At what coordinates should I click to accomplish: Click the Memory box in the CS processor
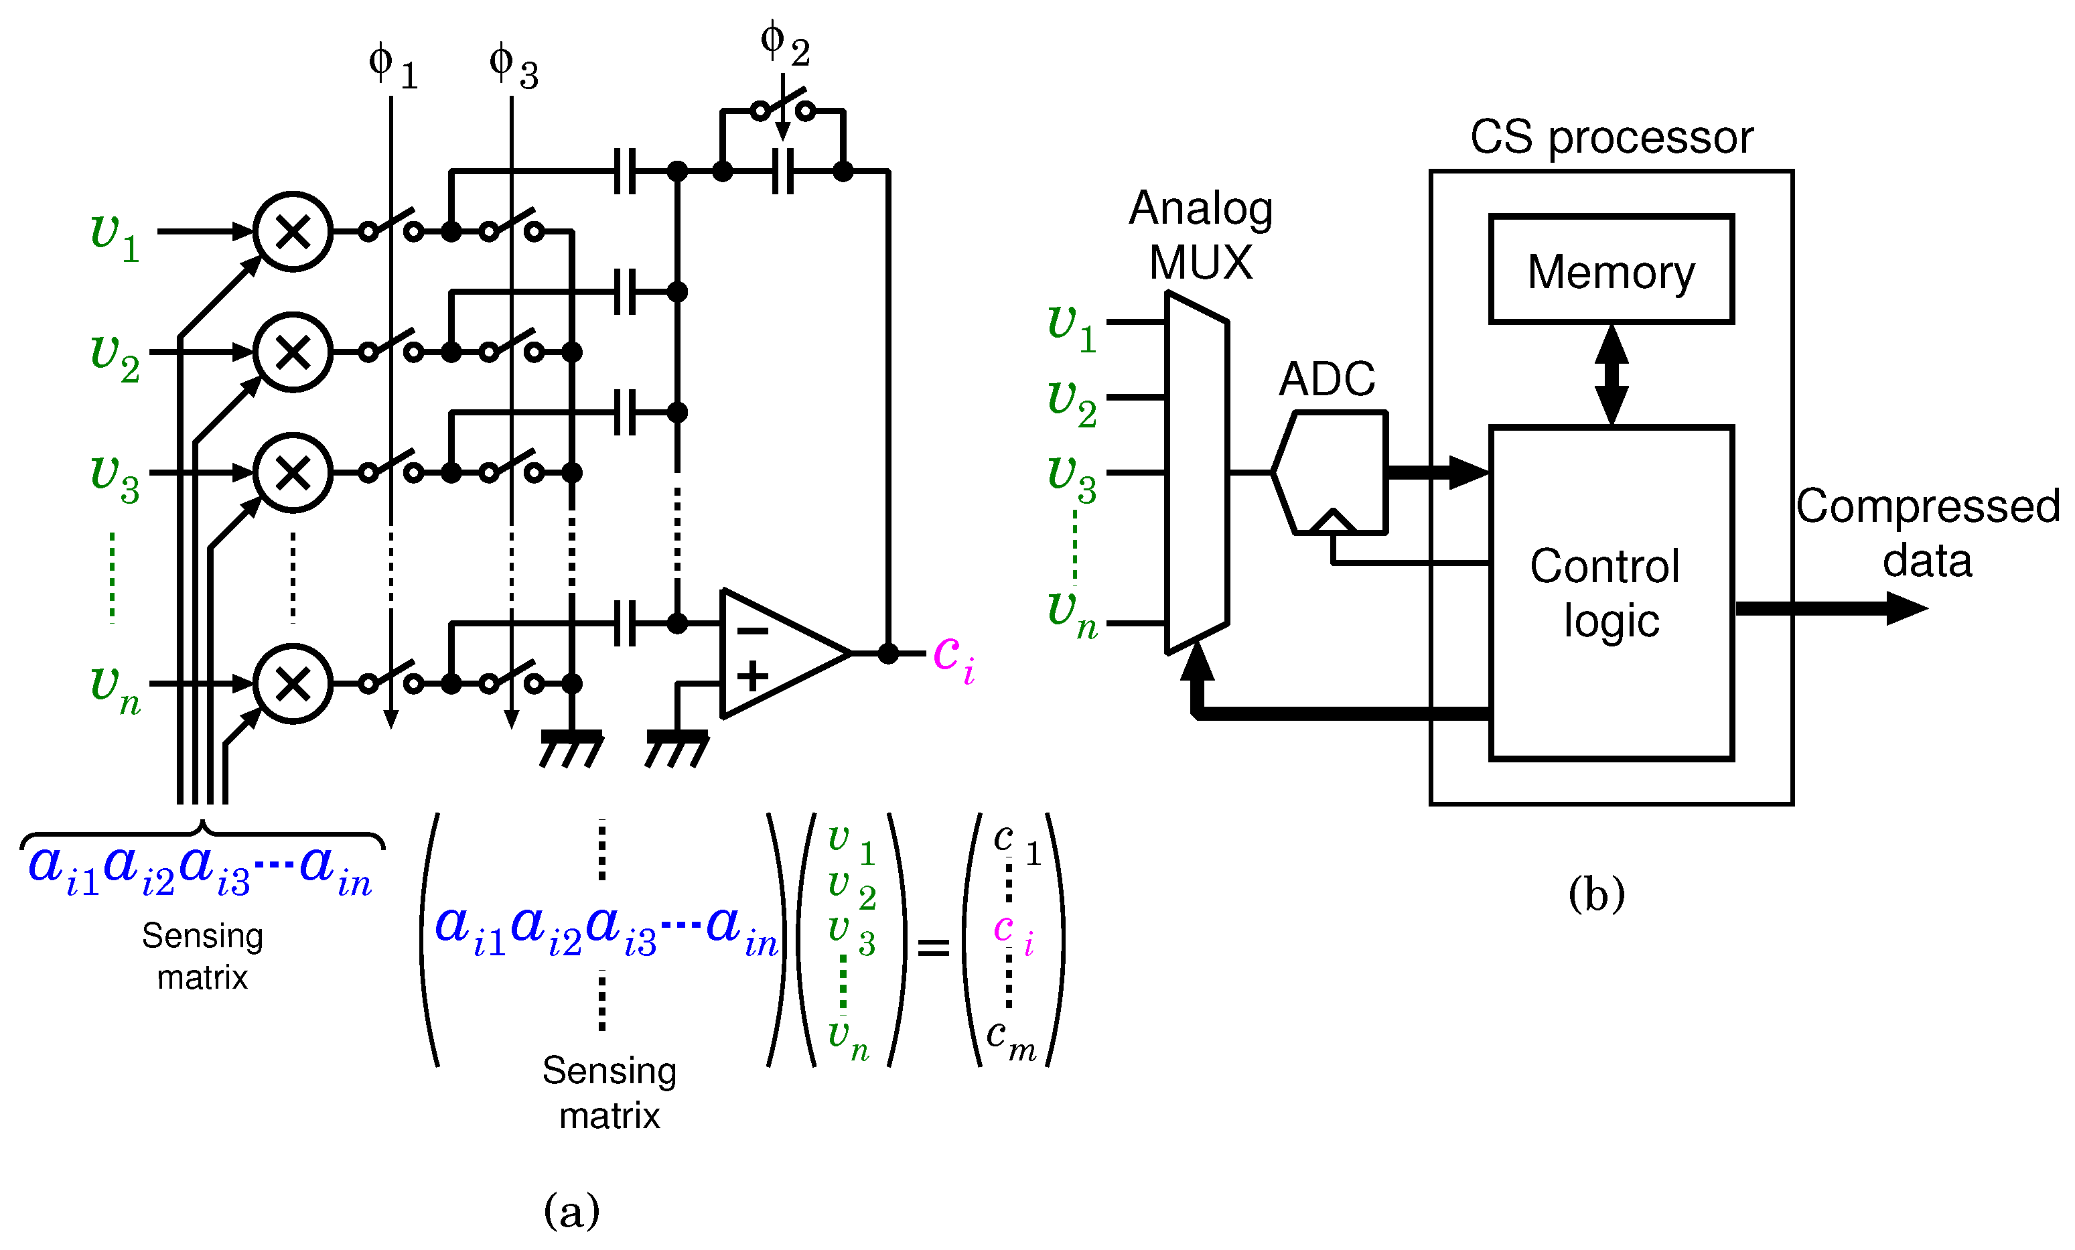tap(1610, 269)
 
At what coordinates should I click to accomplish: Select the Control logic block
tap(1610, 594)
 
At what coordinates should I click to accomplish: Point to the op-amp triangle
tap(775, 652)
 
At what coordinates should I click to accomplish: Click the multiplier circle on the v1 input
tap(293, 231)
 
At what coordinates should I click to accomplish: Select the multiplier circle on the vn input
tap(293, 683)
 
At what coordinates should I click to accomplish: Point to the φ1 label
tap(392, 66)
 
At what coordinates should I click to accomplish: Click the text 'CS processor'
tap(1611, 137)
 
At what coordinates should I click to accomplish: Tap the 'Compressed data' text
tap(1927, 533)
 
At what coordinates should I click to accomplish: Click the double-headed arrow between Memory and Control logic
tap(1611, 375)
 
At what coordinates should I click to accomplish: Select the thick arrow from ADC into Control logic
tap(1436, 472)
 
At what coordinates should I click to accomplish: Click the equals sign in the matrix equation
tap(932, 948)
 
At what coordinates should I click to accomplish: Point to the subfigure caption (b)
tap(1596, 893)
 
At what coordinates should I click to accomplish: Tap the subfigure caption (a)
tap(572, 1210)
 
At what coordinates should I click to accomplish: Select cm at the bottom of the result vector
tap(1011, 1038)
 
